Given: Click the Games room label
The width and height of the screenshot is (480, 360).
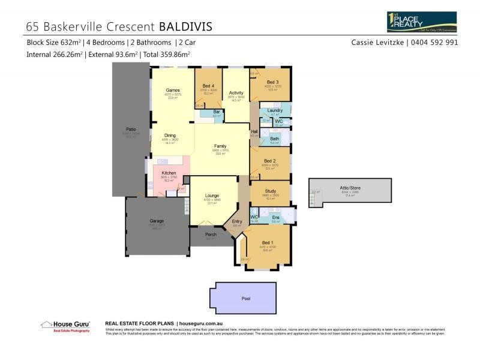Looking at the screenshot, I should (173, 90).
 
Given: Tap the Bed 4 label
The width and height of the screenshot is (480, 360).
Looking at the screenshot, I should (208, 86).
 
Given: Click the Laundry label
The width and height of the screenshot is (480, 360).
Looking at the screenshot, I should (275, 110).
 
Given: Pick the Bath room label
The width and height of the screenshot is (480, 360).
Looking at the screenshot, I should (274, 139).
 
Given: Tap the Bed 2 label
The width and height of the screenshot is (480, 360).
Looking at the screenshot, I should (269, 161).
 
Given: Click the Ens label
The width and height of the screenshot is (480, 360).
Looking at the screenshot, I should (276, 217).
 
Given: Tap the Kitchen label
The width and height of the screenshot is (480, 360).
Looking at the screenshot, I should (169, 173).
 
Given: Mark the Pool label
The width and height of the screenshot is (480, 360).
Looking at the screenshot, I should (246, 298).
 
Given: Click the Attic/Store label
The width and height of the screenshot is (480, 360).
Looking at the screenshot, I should (352, 188).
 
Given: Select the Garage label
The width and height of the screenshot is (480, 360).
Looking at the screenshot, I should (157, 221).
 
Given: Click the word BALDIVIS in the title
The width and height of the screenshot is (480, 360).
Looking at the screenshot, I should (185, 26).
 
